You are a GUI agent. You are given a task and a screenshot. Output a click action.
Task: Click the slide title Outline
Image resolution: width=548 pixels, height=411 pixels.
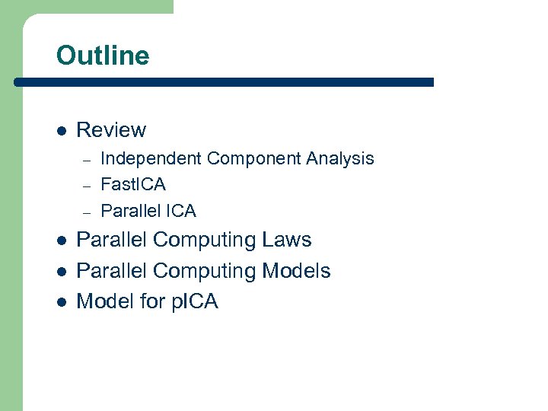click(x=103, y=56)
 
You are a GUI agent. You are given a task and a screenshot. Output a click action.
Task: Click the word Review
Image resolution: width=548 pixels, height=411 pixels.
click(x=111, y=130)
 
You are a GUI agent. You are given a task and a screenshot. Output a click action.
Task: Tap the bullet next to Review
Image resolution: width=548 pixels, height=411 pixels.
click(x=61, y=131)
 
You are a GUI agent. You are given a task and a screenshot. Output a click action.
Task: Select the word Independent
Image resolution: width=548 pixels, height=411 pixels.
click(x=151, y=158)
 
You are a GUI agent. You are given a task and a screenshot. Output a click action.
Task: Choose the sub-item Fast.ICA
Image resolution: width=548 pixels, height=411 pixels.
click(x=133, y=184)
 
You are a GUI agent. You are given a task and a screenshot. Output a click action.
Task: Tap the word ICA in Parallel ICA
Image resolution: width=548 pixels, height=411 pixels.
click(x=180, y=211)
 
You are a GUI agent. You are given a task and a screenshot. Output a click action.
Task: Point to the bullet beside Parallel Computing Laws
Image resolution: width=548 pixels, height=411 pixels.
click(x=61, y=241)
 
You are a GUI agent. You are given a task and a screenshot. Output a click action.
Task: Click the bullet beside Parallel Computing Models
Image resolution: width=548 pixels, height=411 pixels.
click(x=61, y=272)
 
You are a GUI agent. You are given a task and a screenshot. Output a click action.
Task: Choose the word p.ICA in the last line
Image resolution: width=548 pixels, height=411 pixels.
click(x=195, y=302)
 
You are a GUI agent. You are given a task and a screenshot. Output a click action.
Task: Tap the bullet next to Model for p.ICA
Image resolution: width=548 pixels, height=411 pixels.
click(x=61, y=302)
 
